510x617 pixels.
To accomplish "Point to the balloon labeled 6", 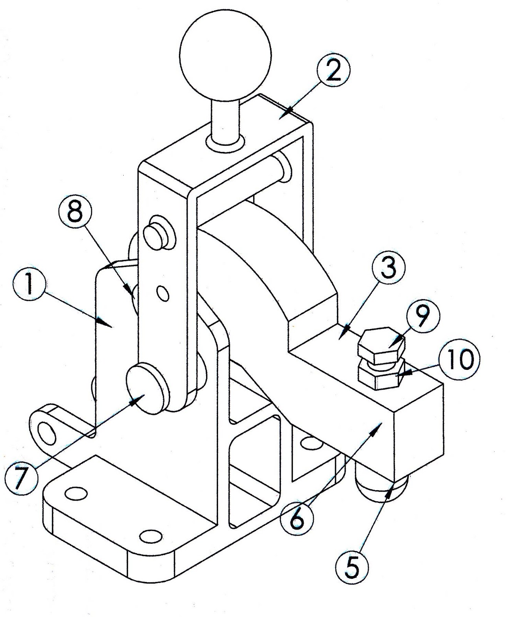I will [296, 520].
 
